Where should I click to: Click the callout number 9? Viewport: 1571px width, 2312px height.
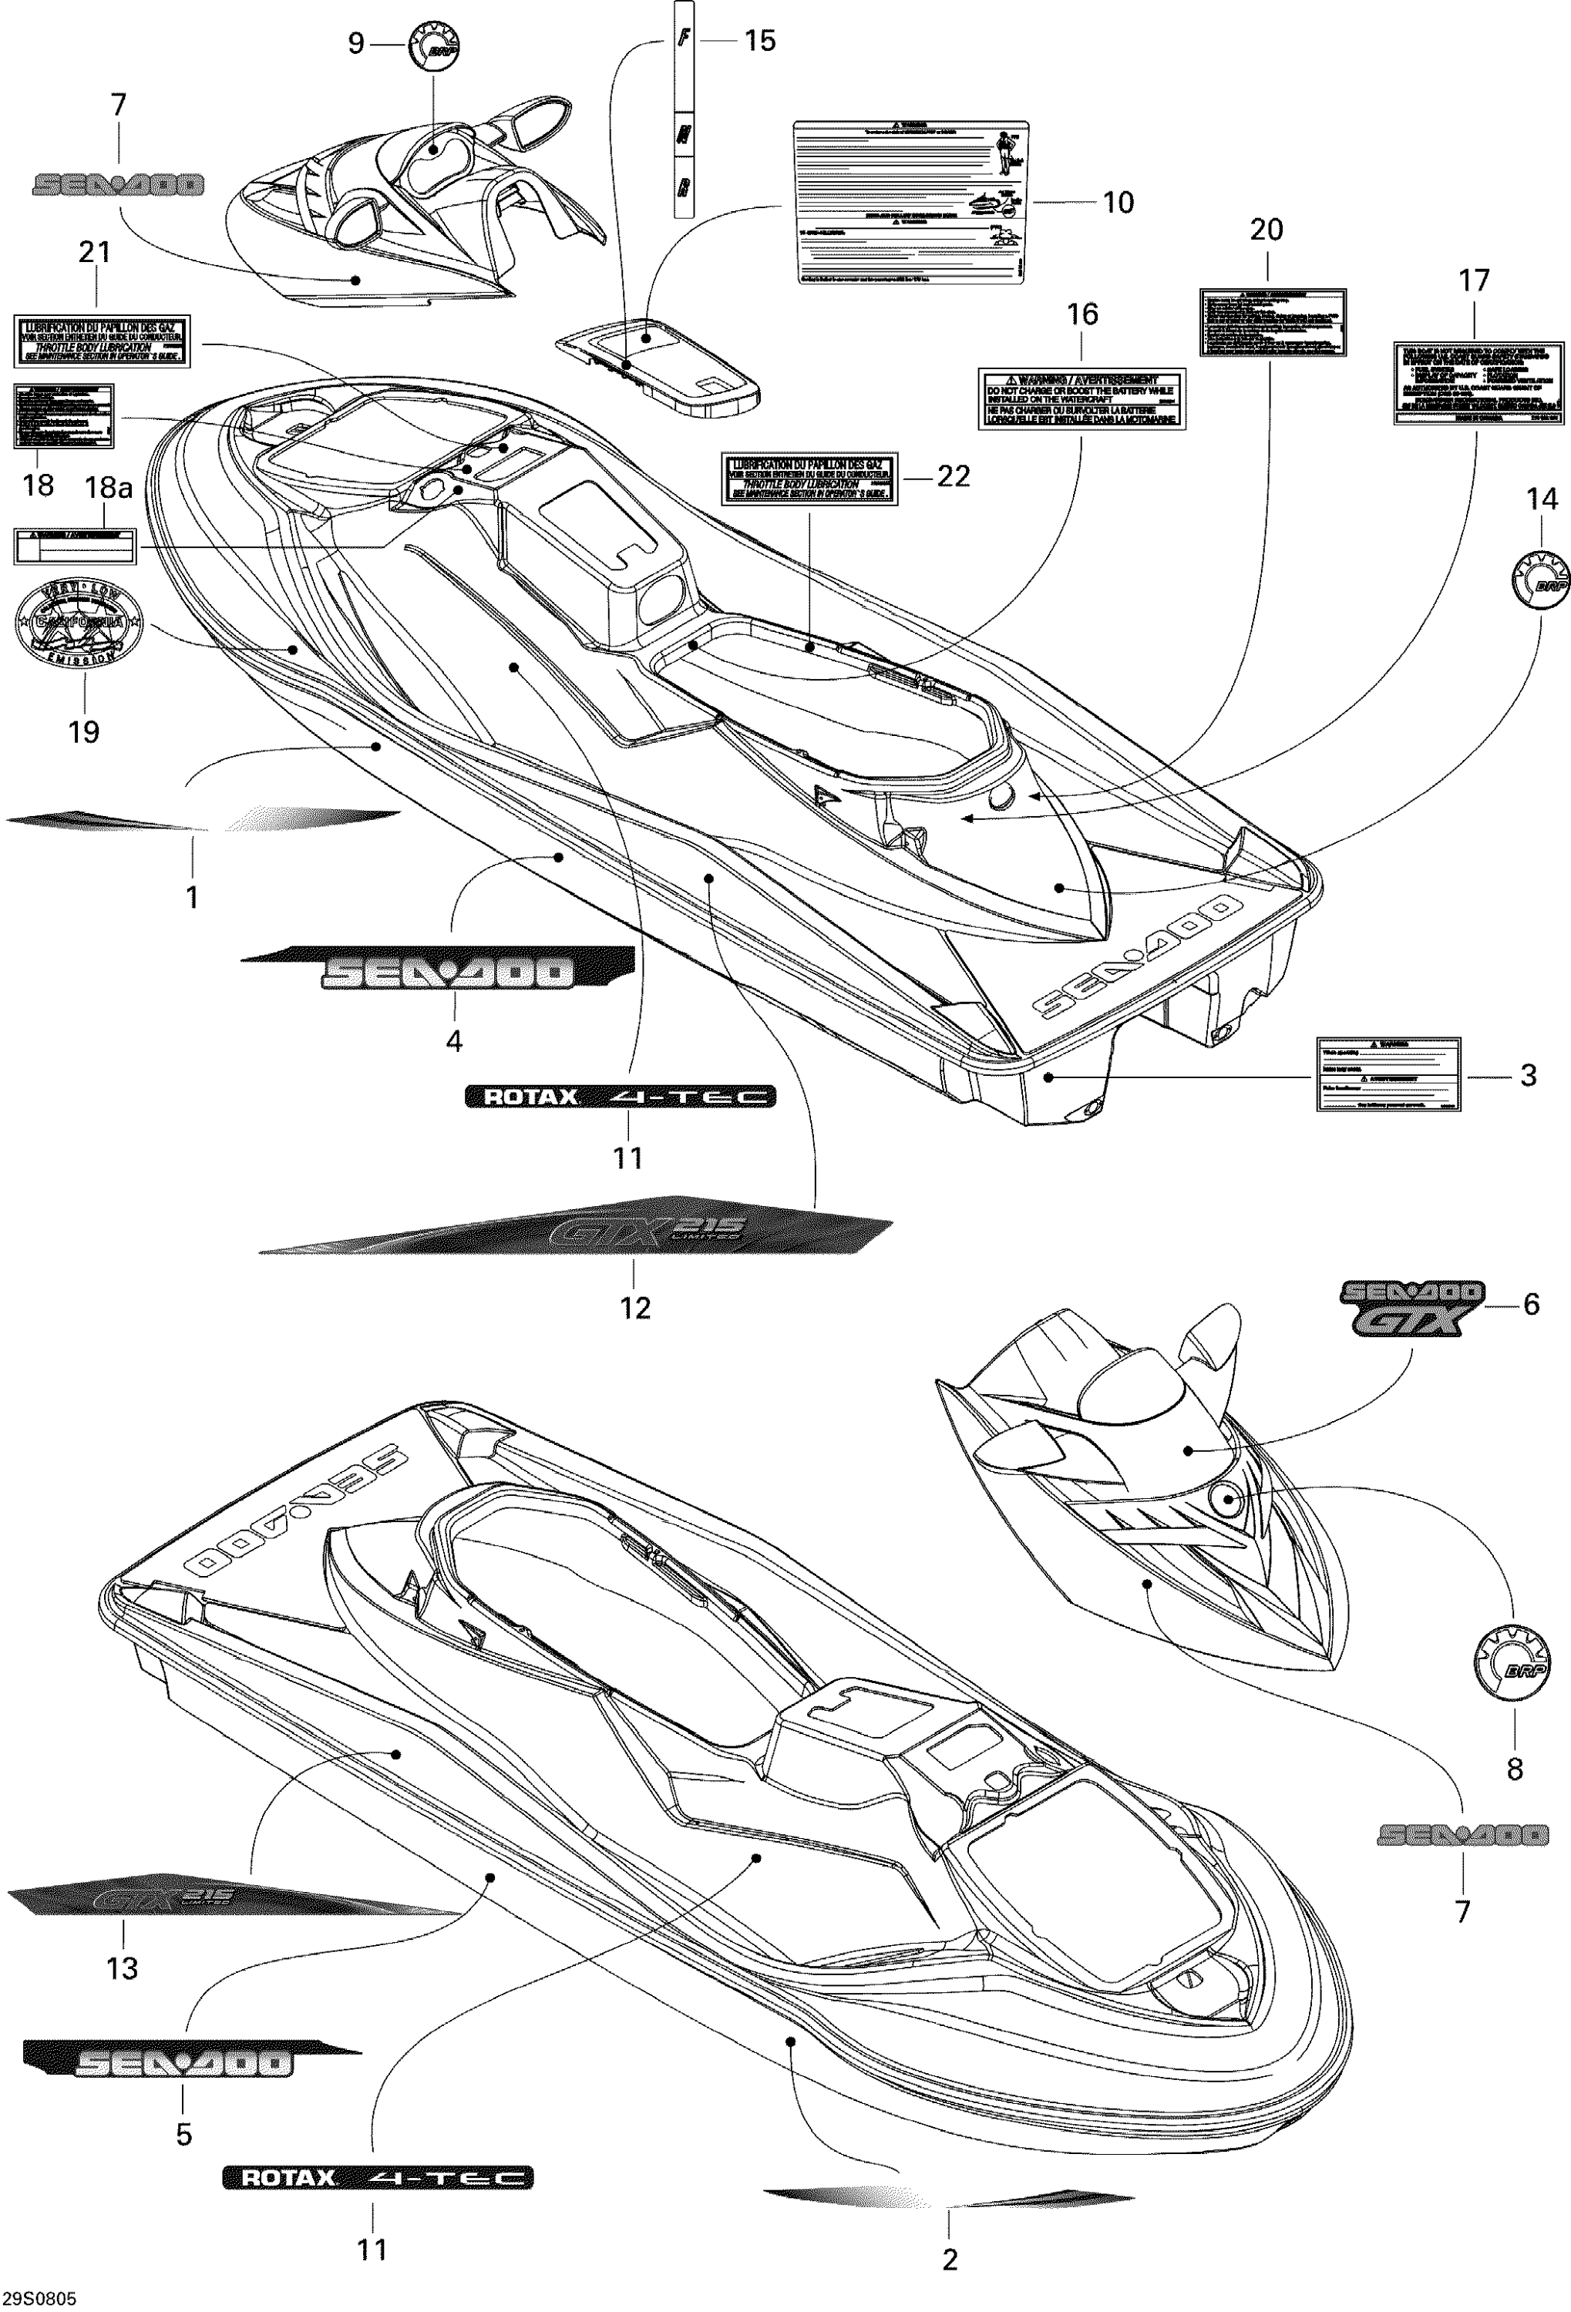tap(356, 44)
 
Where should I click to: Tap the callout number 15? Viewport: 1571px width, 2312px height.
tap(759, 41)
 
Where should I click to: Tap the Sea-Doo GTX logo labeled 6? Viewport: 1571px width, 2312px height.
tap(1410, 1306)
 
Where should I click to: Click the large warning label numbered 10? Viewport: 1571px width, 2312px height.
tap(910, 202)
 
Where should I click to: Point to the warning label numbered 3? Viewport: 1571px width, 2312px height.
tap(1388, 1074)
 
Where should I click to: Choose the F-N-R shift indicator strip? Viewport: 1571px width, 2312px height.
tap(684, 109)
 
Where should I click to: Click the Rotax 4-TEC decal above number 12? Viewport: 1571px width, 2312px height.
tap(621, 1097)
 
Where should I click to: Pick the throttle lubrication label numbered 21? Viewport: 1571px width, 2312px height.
tap(103, 340)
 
